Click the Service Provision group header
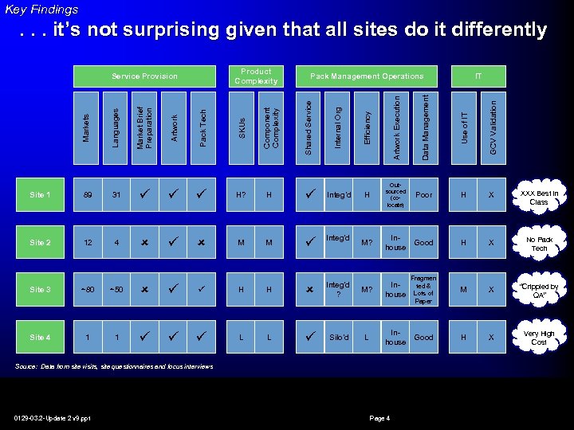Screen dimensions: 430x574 [x=144, y=76]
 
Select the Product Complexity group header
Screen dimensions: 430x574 [x=256, y=76]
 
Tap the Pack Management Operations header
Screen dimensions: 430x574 [x=367, y=76]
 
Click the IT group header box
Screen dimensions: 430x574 [x=478, y=76]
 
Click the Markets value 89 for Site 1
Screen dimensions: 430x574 [x=87, y=195]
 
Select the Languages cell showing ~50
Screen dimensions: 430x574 [x=116, y=290]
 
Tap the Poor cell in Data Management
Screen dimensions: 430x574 [x=424, y=195]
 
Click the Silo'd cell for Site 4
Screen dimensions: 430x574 [x=338, y=338]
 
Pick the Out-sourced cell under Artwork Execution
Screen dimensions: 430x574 [x=395, y=195]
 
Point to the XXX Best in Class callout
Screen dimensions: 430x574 [x=539, y=197]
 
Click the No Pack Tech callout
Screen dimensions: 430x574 [x=539, y=244]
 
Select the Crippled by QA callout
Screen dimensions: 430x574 [x=539, y=291]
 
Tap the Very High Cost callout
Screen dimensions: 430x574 [x=539, y=338]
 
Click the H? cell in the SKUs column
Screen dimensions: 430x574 [x=241, y=195]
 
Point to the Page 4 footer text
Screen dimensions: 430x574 [x=379, y=419]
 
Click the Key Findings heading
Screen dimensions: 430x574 [x=41, y=10]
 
